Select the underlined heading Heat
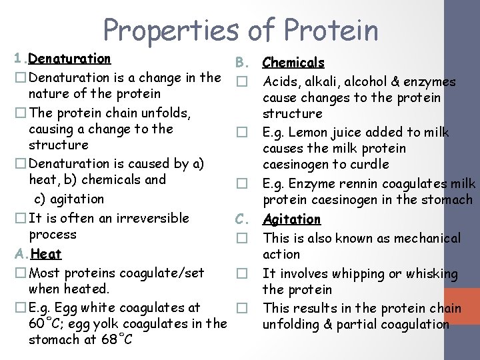point(46,253)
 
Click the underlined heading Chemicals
point(293,63)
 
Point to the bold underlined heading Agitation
point(292,219)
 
